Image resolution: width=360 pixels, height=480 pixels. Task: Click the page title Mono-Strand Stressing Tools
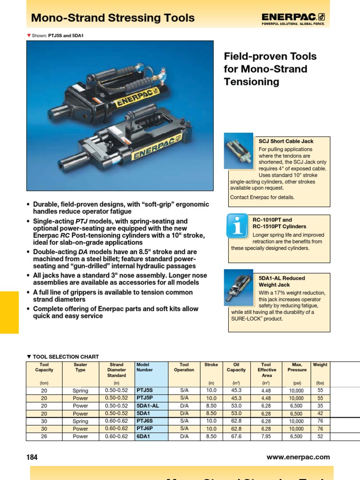click(112, 18)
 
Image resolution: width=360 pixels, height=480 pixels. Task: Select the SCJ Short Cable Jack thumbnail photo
click(239, 150)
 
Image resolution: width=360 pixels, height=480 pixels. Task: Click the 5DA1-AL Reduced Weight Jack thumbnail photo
click(239, 287)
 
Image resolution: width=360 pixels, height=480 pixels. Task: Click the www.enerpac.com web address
click(298, 457)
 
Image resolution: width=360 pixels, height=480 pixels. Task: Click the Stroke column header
click(211, 365)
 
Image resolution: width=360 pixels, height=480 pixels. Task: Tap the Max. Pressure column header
click(297, 367)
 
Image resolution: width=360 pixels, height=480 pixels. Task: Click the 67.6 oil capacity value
click(237, 436)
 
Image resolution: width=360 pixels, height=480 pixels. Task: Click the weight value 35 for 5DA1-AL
click(320, 406)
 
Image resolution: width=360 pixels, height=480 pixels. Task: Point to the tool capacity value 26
click(44, 436)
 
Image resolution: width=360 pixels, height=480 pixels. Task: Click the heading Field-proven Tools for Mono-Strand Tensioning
click(270, 69)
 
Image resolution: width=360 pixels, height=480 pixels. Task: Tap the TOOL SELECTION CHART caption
click(66, 357)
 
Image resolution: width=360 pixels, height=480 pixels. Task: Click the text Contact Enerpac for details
click(262, 197)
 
